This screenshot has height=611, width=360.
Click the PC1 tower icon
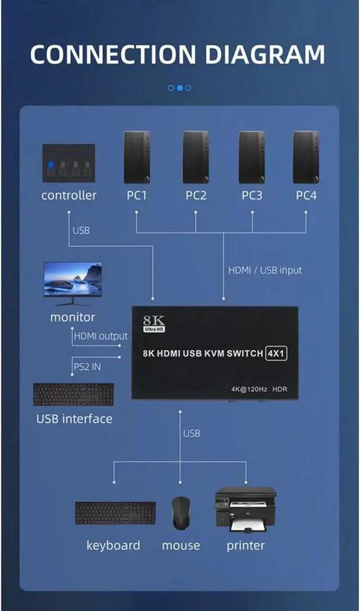137,157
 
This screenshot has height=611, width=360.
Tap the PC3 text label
252,196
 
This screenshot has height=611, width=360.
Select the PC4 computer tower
306,157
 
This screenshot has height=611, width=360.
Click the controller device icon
69,163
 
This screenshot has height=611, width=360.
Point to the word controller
69,196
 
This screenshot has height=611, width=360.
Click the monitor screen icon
73,279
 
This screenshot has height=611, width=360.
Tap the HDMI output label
101,336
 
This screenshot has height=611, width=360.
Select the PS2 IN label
87,366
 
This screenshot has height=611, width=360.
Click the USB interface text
74,419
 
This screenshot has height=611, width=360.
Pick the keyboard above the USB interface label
73,394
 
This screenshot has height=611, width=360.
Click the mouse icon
181,513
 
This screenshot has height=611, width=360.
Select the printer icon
245,509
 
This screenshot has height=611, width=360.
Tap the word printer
245,545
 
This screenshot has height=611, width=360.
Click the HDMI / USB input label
265,270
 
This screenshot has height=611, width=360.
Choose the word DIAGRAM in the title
265,55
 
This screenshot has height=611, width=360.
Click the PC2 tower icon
195,157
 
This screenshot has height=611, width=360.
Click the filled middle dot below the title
180,88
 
